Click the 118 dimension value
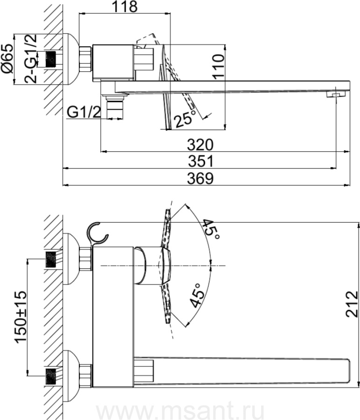point(125,7)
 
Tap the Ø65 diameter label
point(7,58)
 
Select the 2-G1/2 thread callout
point(30,58)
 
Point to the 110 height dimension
point(218,66)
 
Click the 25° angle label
point(185,119)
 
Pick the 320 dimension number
point(200,145)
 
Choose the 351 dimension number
point(201,161)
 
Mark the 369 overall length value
point(201,178)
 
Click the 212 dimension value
point(352,304)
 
